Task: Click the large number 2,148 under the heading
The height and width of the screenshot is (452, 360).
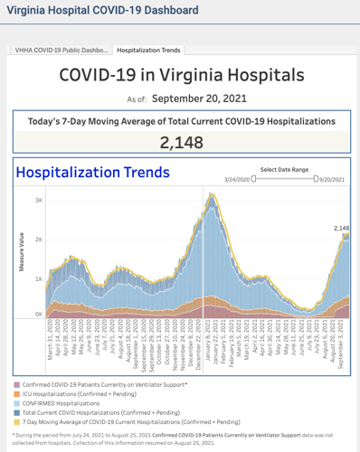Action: coord(181,142)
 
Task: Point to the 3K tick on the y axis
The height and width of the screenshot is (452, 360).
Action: coord(37,200)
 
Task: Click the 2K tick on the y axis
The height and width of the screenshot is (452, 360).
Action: coord(37,239)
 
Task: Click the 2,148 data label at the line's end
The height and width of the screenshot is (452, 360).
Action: coord(340,229)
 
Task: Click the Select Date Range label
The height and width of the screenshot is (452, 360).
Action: coord(285,169)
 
